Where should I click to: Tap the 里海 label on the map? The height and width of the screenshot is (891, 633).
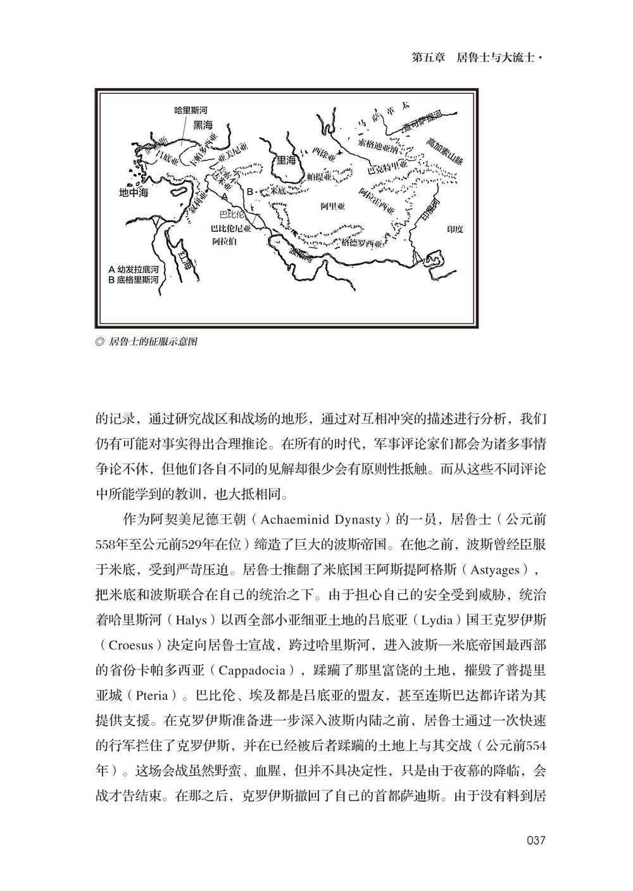tap(284, 161)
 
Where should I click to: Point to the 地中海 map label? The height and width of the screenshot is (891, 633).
tap(134, 193)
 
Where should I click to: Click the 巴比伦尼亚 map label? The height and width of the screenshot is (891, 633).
tap(231, 229)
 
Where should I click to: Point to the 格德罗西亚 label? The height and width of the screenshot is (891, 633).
tap(363, 243)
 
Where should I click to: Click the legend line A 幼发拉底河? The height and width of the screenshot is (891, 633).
tap(133, 268)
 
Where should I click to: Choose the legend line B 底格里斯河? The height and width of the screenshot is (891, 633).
tap(133, 278)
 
